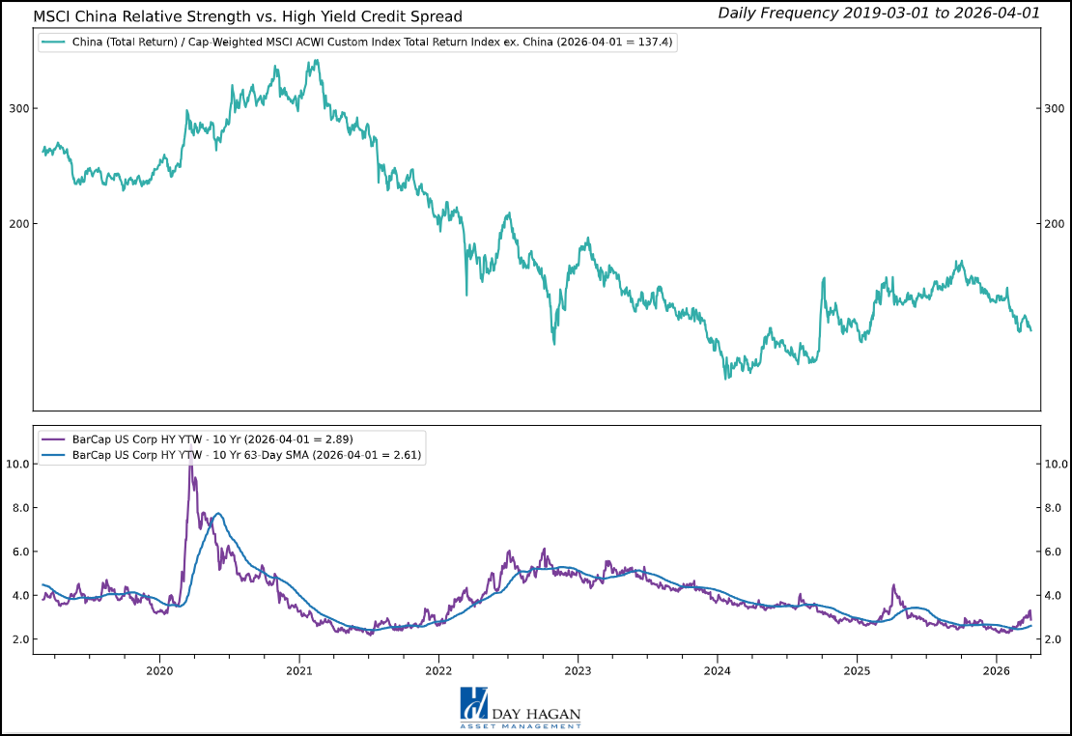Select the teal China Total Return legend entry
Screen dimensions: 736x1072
[357, 42]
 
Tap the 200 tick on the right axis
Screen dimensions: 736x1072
[1056, 223]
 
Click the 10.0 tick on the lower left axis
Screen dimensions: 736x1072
[17, 464]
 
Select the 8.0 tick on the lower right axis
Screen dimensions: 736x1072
[1057, 507]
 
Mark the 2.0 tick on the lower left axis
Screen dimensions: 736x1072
[17, 639]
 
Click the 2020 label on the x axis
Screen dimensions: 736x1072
[158, 670]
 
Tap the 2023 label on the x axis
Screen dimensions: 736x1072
[578, 670]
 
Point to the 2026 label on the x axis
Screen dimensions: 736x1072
[997, 670]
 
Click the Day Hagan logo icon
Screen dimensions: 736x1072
[474, 703]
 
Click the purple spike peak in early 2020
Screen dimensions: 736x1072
[189, 454]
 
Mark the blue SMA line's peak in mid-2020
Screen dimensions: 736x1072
[219, 513]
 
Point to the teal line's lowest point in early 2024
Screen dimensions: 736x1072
[726, 378]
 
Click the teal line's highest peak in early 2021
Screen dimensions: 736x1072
[316, 61]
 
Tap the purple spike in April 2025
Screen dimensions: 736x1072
[893, 585]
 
